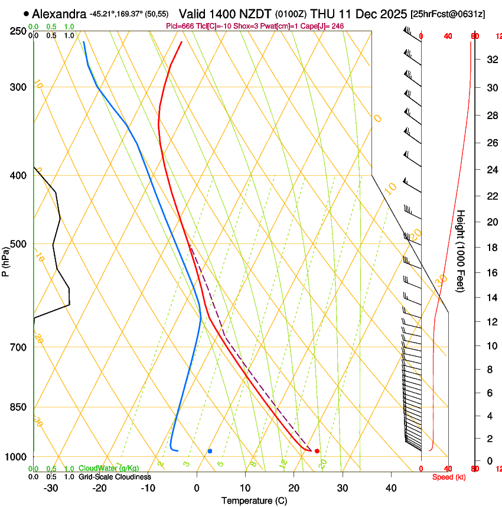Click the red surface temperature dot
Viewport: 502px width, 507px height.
click(x=317, y=451)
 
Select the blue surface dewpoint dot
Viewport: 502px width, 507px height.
click(x=210, y=451)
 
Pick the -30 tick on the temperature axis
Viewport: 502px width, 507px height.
click(x=51, y=488)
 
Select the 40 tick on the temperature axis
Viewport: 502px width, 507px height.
click(x=391, y=488)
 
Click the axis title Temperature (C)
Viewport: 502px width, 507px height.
click(x=254, y=501)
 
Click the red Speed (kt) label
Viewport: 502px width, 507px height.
click(x=449, y=476)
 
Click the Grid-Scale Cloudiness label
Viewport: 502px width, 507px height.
click(x=114, y=476)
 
